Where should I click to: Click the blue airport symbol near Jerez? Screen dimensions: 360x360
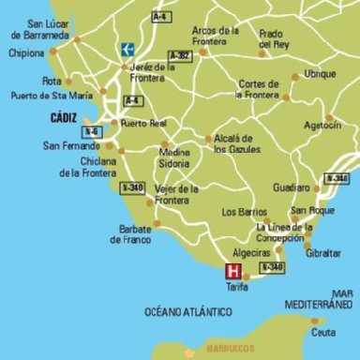click(x=127, y=49)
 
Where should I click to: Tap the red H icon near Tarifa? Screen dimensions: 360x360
click(x=233, y=271)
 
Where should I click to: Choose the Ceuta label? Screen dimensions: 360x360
click(x=323, y=332)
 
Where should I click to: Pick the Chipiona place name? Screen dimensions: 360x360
click(x=27, y=52)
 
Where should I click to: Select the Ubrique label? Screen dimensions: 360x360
click(x=320, y=73)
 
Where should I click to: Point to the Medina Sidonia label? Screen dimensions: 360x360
click(x=174, y=157)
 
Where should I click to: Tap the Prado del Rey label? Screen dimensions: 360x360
click(x=276, y=38)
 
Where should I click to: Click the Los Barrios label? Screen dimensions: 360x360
click(x=245, y=212)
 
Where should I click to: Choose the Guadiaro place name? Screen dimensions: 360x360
click(x=291, y=187)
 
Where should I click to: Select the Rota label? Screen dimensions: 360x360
click(x=52, y=81)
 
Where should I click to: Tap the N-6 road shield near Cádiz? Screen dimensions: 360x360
click(x=92, y=132)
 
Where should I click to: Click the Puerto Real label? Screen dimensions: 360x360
click(x=142, y=123)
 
